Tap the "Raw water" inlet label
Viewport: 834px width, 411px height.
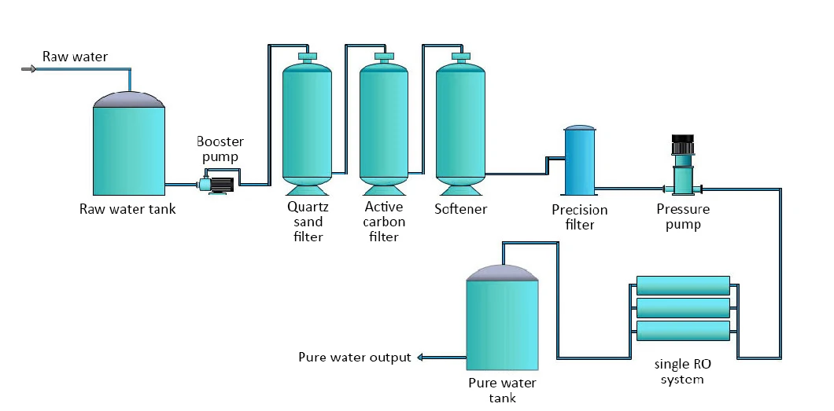75,57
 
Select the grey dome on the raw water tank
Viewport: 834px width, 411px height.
129,99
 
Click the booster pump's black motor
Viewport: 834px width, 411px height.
222,185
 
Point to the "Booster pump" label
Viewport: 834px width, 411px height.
220,149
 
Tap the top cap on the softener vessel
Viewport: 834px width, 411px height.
460,56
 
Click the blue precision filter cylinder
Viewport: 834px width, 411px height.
579,160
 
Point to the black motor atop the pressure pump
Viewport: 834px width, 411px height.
683,143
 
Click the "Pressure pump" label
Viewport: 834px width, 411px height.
683,217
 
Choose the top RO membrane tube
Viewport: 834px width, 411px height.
683,285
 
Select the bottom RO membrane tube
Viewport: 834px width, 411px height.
683,330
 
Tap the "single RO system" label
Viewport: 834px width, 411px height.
682,372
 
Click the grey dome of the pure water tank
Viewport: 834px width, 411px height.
501,273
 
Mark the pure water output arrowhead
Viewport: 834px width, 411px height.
420,358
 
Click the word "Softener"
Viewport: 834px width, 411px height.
460,209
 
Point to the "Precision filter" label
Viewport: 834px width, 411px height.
579,217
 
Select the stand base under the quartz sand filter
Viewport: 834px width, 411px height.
307,190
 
